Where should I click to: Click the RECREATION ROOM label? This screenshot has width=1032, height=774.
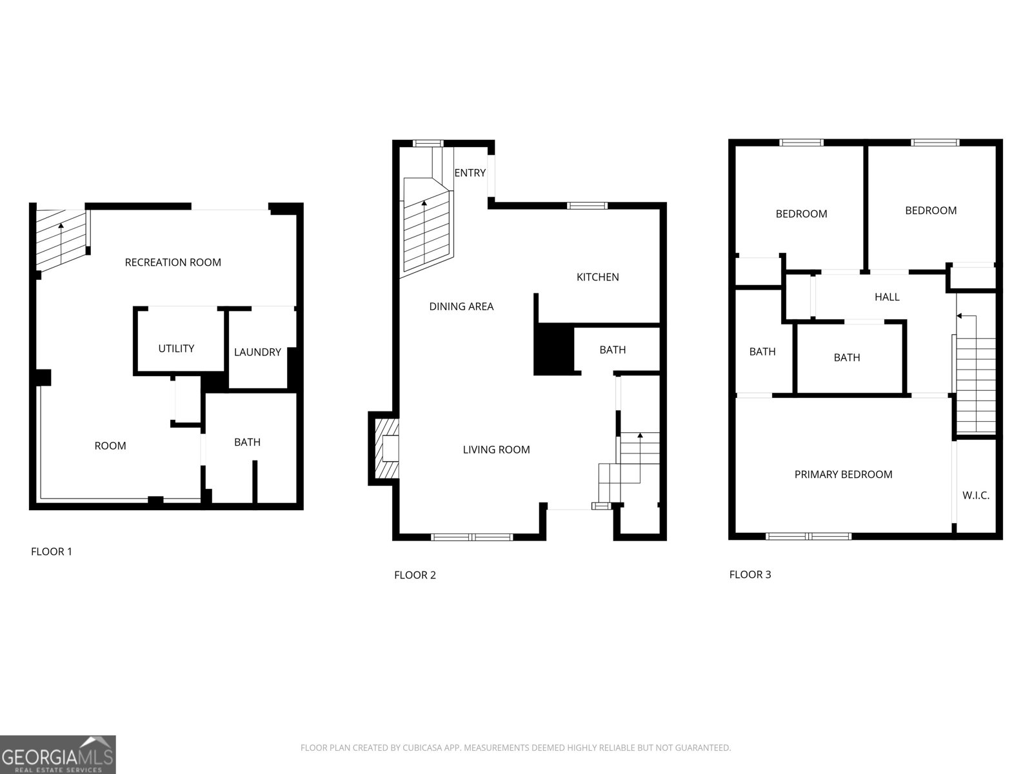[173, 263]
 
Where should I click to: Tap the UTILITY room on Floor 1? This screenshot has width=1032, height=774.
[176, 348]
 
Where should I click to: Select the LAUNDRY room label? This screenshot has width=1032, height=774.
[257, 352]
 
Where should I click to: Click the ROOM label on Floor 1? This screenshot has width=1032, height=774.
[110, 446]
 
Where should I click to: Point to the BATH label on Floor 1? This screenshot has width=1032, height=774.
[247, 442]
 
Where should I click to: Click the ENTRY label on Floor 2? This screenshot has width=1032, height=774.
[470, 173]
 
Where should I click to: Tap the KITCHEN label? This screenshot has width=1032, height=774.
[597, 277]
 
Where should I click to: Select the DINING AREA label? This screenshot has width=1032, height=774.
[461, 307]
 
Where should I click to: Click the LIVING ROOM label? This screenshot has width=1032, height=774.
[496, 450]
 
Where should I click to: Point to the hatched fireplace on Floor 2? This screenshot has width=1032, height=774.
[387, 449]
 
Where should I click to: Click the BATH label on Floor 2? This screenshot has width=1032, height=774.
[612, 350]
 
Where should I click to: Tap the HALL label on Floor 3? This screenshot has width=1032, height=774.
[887, 297]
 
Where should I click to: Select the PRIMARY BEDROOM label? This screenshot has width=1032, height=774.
[843, 475]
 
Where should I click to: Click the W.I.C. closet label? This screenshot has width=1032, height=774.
[975, 496]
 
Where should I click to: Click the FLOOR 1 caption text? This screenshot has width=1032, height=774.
[52, 551]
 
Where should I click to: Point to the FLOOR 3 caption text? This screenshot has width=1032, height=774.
[749, 575]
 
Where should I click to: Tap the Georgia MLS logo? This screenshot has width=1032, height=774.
[58, 755]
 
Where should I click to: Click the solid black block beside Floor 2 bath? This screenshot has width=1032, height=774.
[553, 349]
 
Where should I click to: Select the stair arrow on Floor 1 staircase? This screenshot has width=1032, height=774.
[61, 226]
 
